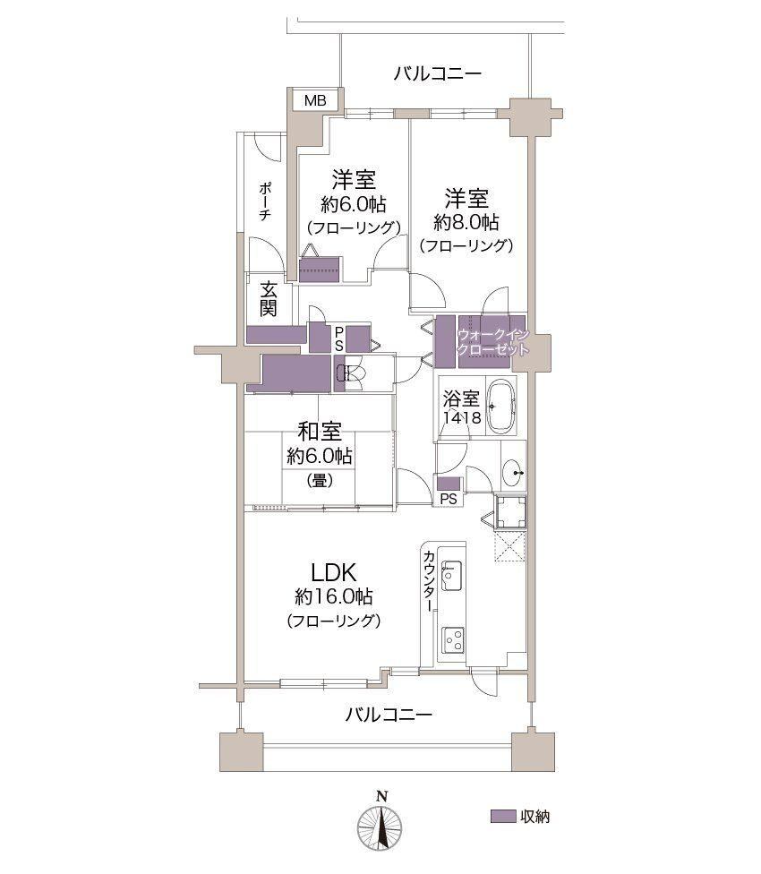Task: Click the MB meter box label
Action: [315, 101]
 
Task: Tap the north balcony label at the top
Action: [437, 73]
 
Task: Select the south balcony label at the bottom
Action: [389, 715]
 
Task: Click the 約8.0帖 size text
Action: [466, 222]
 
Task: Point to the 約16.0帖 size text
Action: [333, 597]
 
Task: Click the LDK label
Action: [333, 572]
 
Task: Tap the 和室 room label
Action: [320, 432]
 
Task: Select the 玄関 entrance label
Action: [268, 299]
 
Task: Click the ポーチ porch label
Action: [265, 201]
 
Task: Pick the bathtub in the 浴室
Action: [500, 406]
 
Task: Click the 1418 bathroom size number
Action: [462, 417]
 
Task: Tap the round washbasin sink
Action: [512, 473]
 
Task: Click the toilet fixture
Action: [349, 372]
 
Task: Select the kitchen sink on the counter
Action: [451, 575]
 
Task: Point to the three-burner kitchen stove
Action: [453, 640]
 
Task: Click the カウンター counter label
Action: [429, 581]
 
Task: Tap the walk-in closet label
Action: [492, 343]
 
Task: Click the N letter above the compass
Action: [381, 796]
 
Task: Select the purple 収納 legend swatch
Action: [502, 816]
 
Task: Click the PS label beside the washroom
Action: [449, 499]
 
